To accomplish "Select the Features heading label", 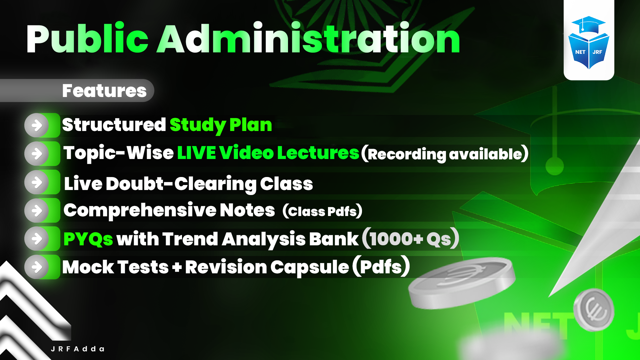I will pyautogui.click(x=104, y=91).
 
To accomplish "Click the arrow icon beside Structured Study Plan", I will pyautogui.click(x=37, y=126).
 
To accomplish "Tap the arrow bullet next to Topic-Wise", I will pyautogui.click(x=37, y=154).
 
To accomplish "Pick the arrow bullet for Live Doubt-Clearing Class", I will pyautogui.click(x=37, y=182).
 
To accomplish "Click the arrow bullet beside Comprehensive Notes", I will pyautogui.click(x=37, y=211).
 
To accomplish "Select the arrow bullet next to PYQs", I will pyautogui.click(x=37, y=239).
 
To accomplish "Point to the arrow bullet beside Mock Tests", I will pyautogui.click(x=37, y=267).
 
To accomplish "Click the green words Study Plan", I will pyautogui.click(x=221, y=125).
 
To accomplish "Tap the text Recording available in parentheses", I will pyautogui.click(x=445, y=154).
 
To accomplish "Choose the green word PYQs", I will pyautogui.click(x=88, y=239).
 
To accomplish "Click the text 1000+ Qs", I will pyautogui.click(x=410, y=239).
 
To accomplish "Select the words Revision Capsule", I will pyautogui.click(x=267, y=267).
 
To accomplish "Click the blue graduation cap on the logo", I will pyautogui.click(x=588, y=25).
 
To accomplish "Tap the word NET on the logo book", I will pyautogui.click(x=580, y=52).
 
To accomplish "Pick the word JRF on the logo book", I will pyautogui.click(x=597, y=52).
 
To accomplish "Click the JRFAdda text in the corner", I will pyautogui.click(x=78, y=349).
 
